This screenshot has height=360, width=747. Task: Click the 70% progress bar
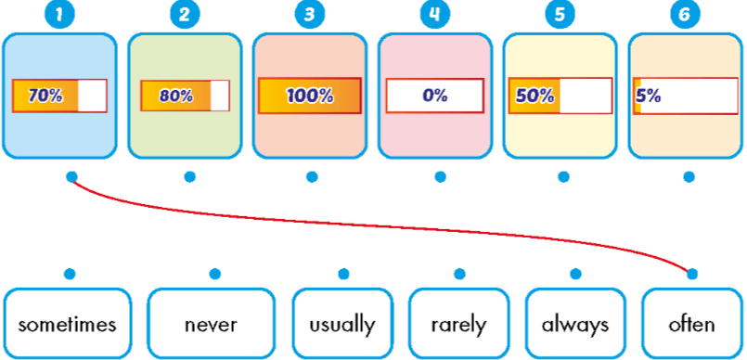(x=59, y=96)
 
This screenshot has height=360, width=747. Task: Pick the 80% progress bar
(x=185, y=96)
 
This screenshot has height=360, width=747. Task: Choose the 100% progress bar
(x=310, y=96)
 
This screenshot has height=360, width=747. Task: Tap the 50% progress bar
(x=560, y=96)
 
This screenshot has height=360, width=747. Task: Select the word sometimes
(x=67, y=325)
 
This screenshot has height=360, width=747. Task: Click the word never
(x=213, y=325)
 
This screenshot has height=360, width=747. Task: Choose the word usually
(x=342, y=325)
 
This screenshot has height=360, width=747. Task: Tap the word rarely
(x=458, y=325)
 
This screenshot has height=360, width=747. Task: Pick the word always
(x=575, y=325)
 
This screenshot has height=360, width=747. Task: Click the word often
(x=691, y=325)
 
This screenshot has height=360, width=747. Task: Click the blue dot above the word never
(x=215, y=274)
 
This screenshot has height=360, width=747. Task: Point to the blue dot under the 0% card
(x=440, y=176)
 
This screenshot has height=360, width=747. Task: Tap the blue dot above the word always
(x=575, y=274)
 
